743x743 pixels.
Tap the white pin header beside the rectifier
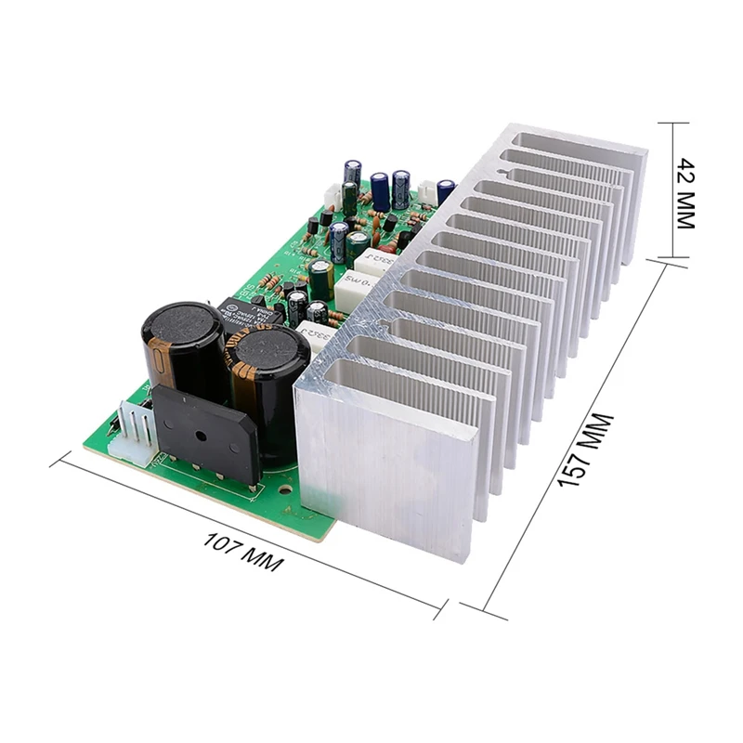(x=129, y=429)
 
